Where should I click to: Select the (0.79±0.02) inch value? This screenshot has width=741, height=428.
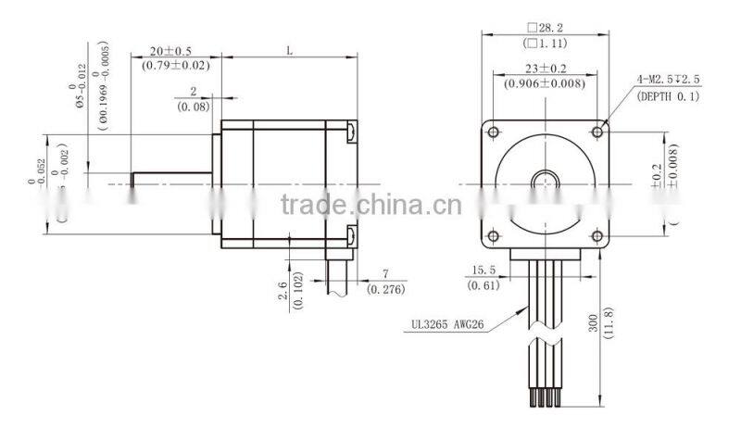[x=174, y=66]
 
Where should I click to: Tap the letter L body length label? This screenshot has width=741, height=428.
[x=289, y=52]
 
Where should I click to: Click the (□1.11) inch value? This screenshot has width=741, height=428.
[x=546, y=44]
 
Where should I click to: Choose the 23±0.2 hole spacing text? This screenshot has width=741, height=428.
[x=545, y=69]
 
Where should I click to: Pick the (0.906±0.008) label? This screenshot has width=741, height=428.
[x=545, y=83]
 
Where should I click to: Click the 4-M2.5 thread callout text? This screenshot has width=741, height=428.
[x=668, y=81]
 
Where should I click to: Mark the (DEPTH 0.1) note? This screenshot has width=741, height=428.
[x=668, y=95]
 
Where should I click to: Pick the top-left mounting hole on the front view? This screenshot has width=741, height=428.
[x=495, y=128]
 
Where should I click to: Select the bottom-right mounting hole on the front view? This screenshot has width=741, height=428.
[x=598, y=233]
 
